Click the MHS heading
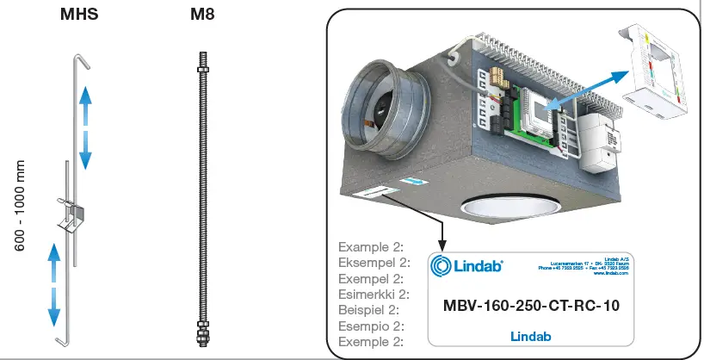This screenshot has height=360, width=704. click(x=78, y=16)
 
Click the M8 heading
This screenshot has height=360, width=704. click(x=201, y=16)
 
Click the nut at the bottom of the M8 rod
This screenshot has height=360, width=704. click(x=202, y=331)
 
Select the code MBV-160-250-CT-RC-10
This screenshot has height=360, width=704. click(x=530, y=305)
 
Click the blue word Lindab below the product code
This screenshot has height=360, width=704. click(x=530, y=337)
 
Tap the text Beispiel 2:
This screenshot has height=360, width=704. click(x=368, y=309)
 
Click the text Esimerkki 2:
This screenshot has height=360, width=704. click(x=373, y=294)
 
